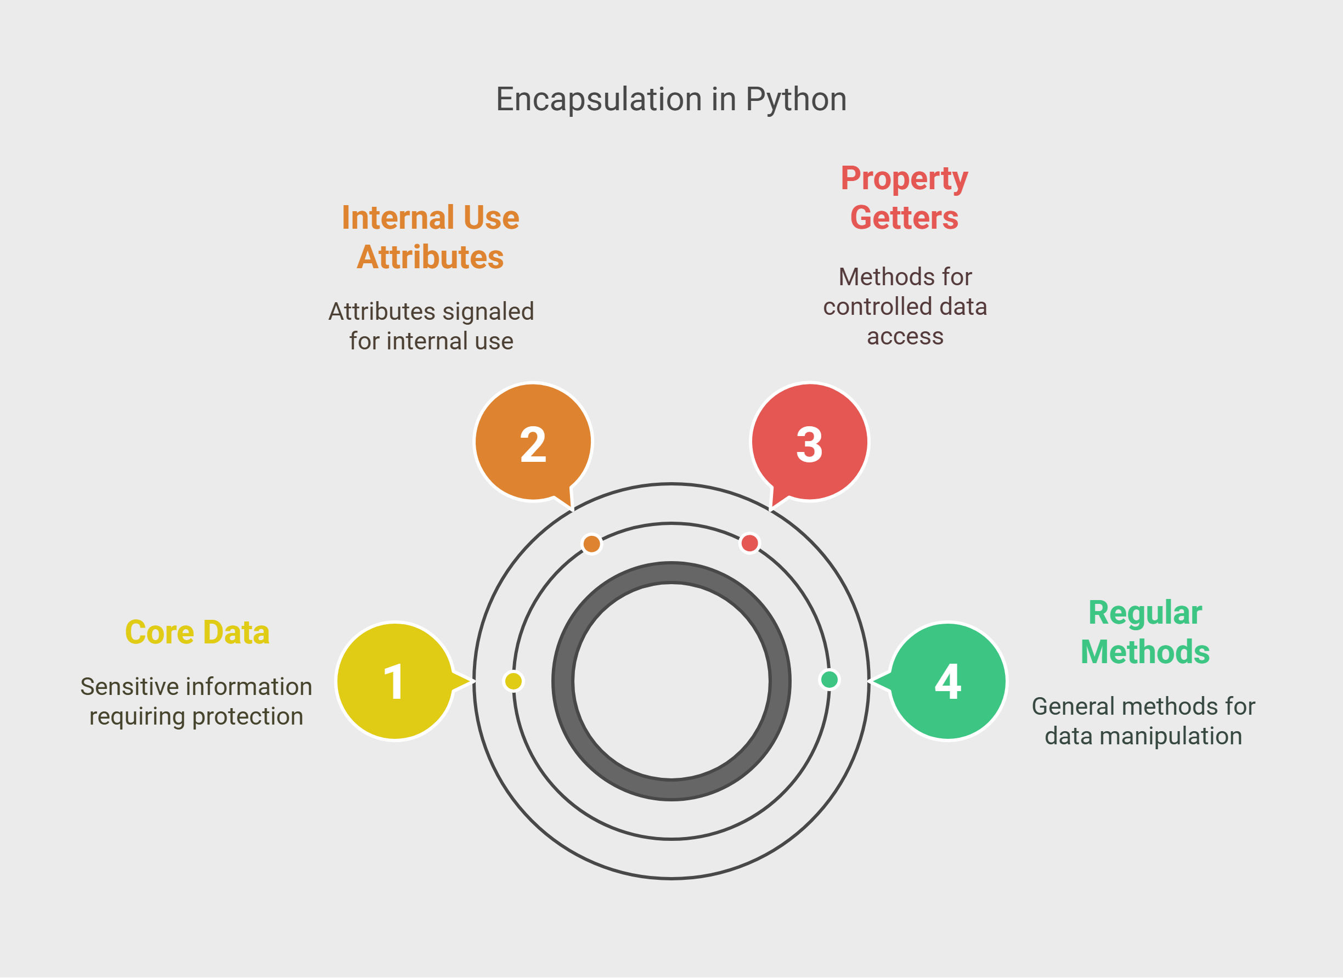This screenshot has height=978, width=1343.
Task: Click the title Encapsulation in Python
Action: click(x=671, y=99)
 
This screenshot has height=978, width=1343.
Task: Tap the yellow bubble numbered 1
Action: click(x=396, y=681)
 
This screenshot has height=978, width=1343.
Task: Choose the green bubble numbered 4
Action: click(x=947, y=681)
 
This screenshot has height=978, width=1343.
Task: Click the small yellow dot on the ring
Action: click(x=513, y=681)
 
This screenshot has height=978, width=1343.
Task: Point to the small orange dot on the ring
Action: click(x=591, y=544)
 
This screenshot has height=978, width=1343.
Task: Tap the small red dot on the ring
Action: click(x=749, y=543)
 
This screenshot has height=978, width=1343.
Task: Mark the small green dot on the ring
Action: click(x=829, y=680)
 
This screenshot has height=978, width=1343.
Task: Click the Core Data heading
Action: click(x=197, y=632)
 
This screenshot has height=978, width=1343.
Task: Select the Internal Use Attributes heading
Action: click(x=431, y=237)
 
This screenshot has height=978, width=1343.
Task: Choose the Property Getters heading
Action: click(x=904, y=199)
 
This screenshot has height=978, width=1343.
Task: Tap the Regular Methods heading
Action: click(x=1145, y=632)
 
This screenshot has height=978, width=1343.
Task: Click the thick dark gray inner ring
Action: click(x=671, y=573)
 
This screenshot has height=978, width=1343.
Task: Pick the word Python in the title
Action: click(x=797, y=99)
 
